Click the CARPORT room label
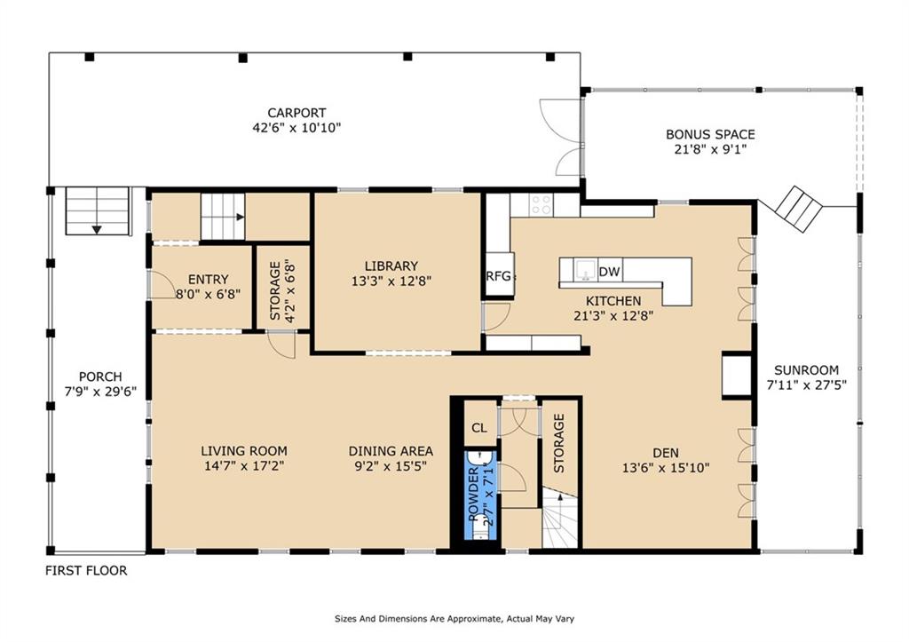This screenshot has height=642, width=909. tap(296, 113)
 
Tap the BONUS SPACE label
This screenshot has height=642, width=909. tap(710, 135)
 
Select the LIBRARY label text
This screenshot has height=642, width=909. tap(391, 266)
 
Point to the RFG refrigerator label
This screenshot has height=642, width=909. tap(499, 276)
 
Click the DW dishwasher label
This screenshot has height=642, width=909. tap(609, 272)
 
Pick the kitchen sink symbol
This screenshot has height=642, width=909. tap(584, 270)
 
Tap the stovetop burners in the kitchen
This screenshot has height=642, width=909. tap(541, 205)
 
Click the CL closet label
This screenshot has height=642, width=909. tap(478, 429)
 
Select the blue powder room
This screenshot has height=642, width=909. tap(480, 495)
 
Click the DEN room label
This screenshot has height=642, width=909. tap(666, 453)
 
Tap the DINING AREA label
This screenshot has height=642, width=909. tap(391, 451)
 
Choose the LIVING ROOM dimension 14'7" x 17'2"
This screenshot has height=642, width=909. tap(244, 465)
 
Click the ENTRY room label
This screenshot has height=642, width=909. tap(208, 280)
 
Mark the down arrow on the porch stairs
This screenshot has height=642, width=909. tap(97, 230)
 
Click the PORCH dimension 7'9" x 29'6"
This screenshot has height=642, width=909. tap(100, 392)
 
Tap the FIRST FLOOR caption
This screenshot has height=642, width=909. tap(86, 571)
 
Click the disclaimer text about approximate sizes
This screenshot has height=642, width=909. tap(454, 619)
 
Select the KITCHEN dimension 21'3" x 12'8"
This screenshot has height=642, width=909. tap(613, 316)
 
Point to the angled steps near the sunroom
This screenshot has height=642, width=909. tap(800, 210)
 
